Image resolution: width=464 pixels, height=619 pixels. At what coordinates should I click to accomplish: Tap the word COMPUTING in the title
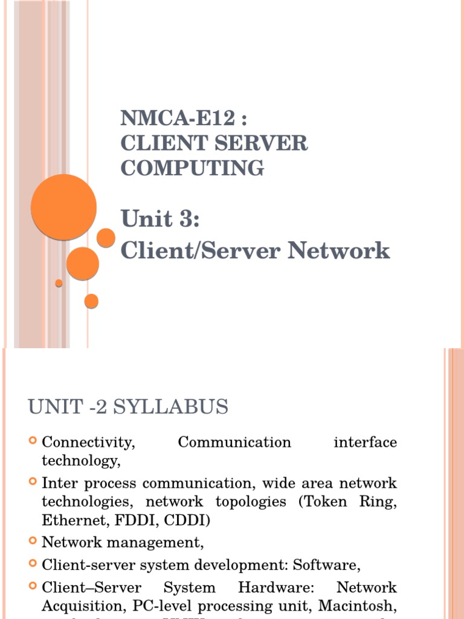pyautogui.click(x=192, y=167)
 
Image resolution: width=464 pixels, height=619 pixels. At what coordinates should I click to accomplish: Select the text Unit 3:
pyautogui.click(x=160, y=219)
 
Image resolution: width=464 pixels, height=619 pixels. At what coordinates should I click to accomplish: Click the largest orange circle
pyautogui.click(x=63, y=207)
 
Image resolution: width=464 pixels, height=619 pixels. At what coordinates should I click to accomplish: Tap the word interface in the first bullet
pyautogui.click(x=365, y=442)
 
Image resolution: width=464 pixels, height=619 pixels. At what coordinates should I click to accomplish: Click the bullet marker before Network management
pyautogui.click(x=33, y=542)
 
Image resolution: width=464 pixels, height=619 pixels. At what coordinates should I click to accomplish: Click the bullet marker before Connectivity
pyautogui.click(x=33, y=441)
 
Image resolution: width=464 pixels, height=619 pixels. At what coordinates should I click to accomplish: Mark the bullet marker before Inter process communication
pyautogui.click(x=33, y=482)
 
